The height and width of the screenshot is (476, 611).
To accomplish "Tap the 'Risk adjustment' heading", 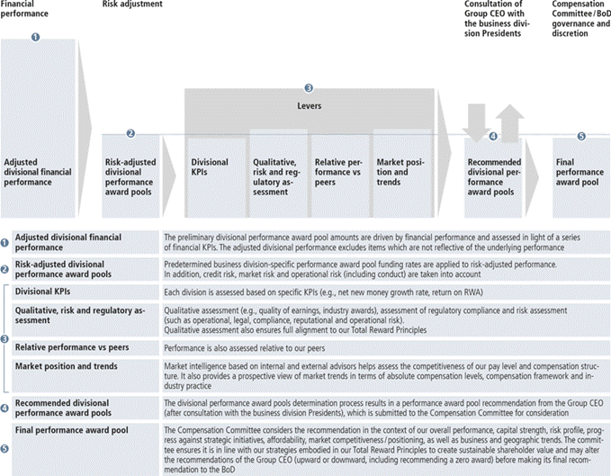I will [x=132, y=5].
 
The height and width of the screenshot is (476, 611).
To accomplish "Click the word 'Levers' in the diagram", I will [x=309, y=105].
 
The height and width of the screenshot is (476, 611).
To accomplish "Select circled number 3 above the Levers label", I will [x=309, y=88].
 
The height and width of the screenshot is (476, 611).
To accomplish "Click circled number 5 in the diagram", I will [x=580, y=136].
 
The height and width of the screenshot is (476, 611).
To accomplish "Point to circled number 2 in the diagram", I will [x=130, y=132].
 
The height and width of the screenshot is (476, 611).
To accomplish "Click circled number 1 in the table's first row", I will [x=5, y=241].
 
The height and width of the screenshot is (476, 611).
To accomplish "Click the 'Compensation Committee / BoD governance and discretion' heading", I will [x=580, y=19].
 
